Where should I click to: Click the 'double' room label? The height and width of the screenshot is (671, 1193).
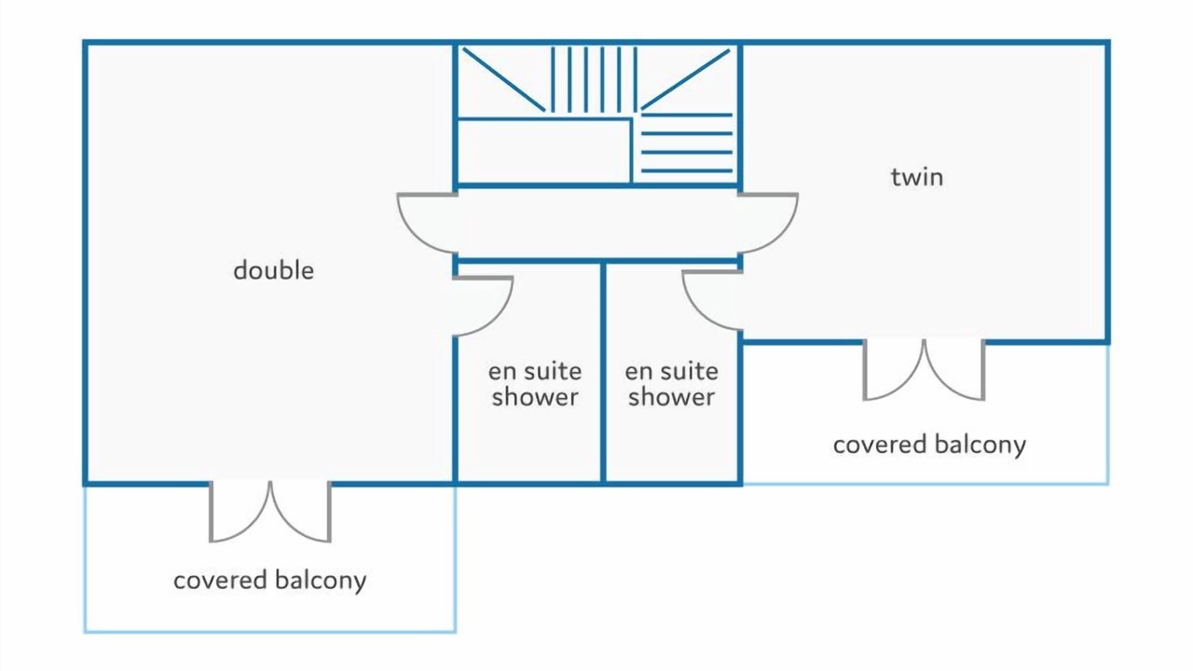[x=273, y=270]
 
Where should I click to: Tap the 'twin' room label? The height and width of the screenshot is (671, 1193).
[x=917, y=177]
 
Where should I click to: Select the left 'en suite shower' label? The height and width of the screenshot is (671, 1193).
[x=535, y=384]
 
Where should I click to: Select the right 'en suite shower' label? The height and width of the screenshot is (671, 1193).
[x=671, y=384]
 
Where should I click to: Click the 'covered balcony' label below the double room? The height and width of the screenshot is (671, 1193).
[x=270, y=580]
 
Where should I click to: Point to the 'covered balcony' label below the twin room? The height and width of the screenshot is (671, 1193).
[x=929, y=444]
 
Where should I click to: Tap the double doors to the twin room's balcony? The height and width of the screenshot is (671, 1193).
[x=924, y=370]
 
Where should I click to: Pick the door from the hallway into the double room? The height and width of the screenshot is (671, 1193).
[x=426, y=224]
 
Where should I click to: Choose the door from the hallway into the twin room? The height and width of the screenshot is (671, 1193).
[x=769, y=224]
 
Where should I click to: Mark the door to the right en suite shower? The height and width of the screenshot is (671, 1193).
[x=712, y=300]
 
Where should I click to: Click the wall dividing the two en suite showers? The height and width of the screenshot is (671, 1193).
[x=603, y=373]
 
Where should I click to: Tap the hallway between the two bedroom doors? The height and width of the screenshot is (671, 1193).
[x=596, y=224]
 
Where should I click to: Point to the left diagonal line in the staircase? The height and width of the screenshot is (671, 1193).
[x=503, y=79]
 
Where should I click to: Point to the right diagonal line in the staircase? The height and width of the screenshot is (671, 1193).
[x=685, y=79]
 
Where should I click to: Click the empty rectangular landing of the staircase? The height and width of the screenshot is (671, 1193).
[x=542, y=151]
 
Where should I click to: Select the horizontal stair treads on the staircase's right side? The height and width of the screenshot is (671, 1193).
[x=687, y=144]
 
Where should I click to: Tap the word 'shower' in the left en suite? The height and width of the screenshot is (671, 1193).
[x=535, y=397]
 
